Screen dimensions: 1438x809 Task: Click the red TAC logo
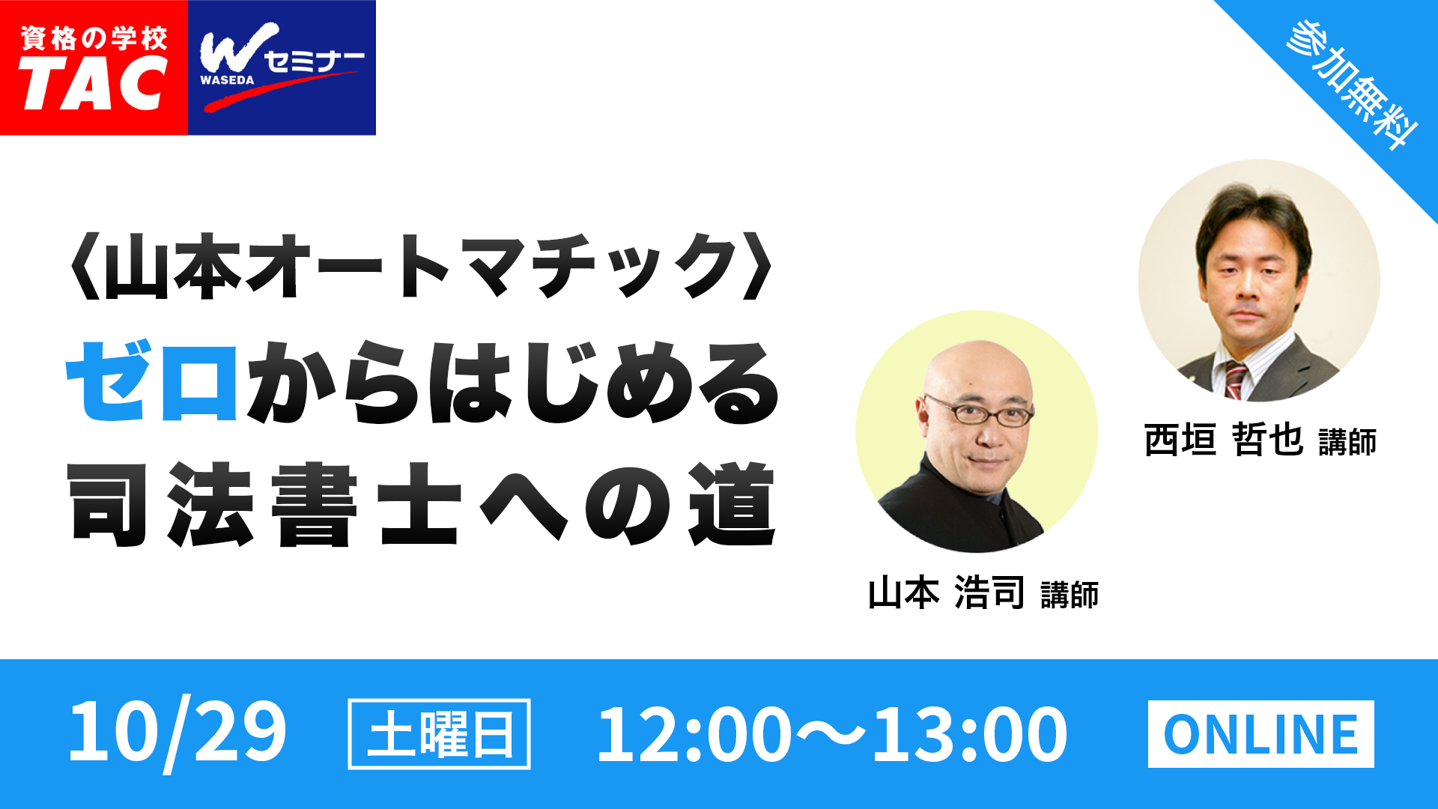point(94,67)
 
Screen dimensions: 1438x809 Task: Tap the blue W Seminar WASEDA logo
point(282,67)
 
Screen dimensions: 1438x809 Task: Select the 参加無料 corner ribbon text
point(1353,84)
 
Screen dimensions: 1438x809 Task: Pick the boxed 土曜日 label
point(440,734)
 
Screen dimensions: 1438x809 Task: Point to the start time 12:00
point(694,735)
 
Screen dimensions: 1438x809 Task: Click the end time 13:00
point(969,735)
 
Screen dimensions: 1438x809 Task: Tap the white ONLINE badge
point(1261,734)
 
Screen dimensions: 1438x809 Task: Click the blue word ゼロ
point(152,381)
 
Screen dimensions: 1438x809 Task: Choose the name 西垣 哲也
point(1224,440)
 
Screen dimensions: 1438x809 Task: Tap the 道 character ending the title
point(732,503)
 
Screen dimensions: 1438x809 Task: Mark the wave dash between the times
point(831,735)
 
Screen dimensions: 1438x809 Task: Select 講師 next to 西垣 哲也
point(1347,442)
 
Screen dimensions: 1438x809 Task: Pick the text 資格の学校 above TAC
point(94,38)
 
